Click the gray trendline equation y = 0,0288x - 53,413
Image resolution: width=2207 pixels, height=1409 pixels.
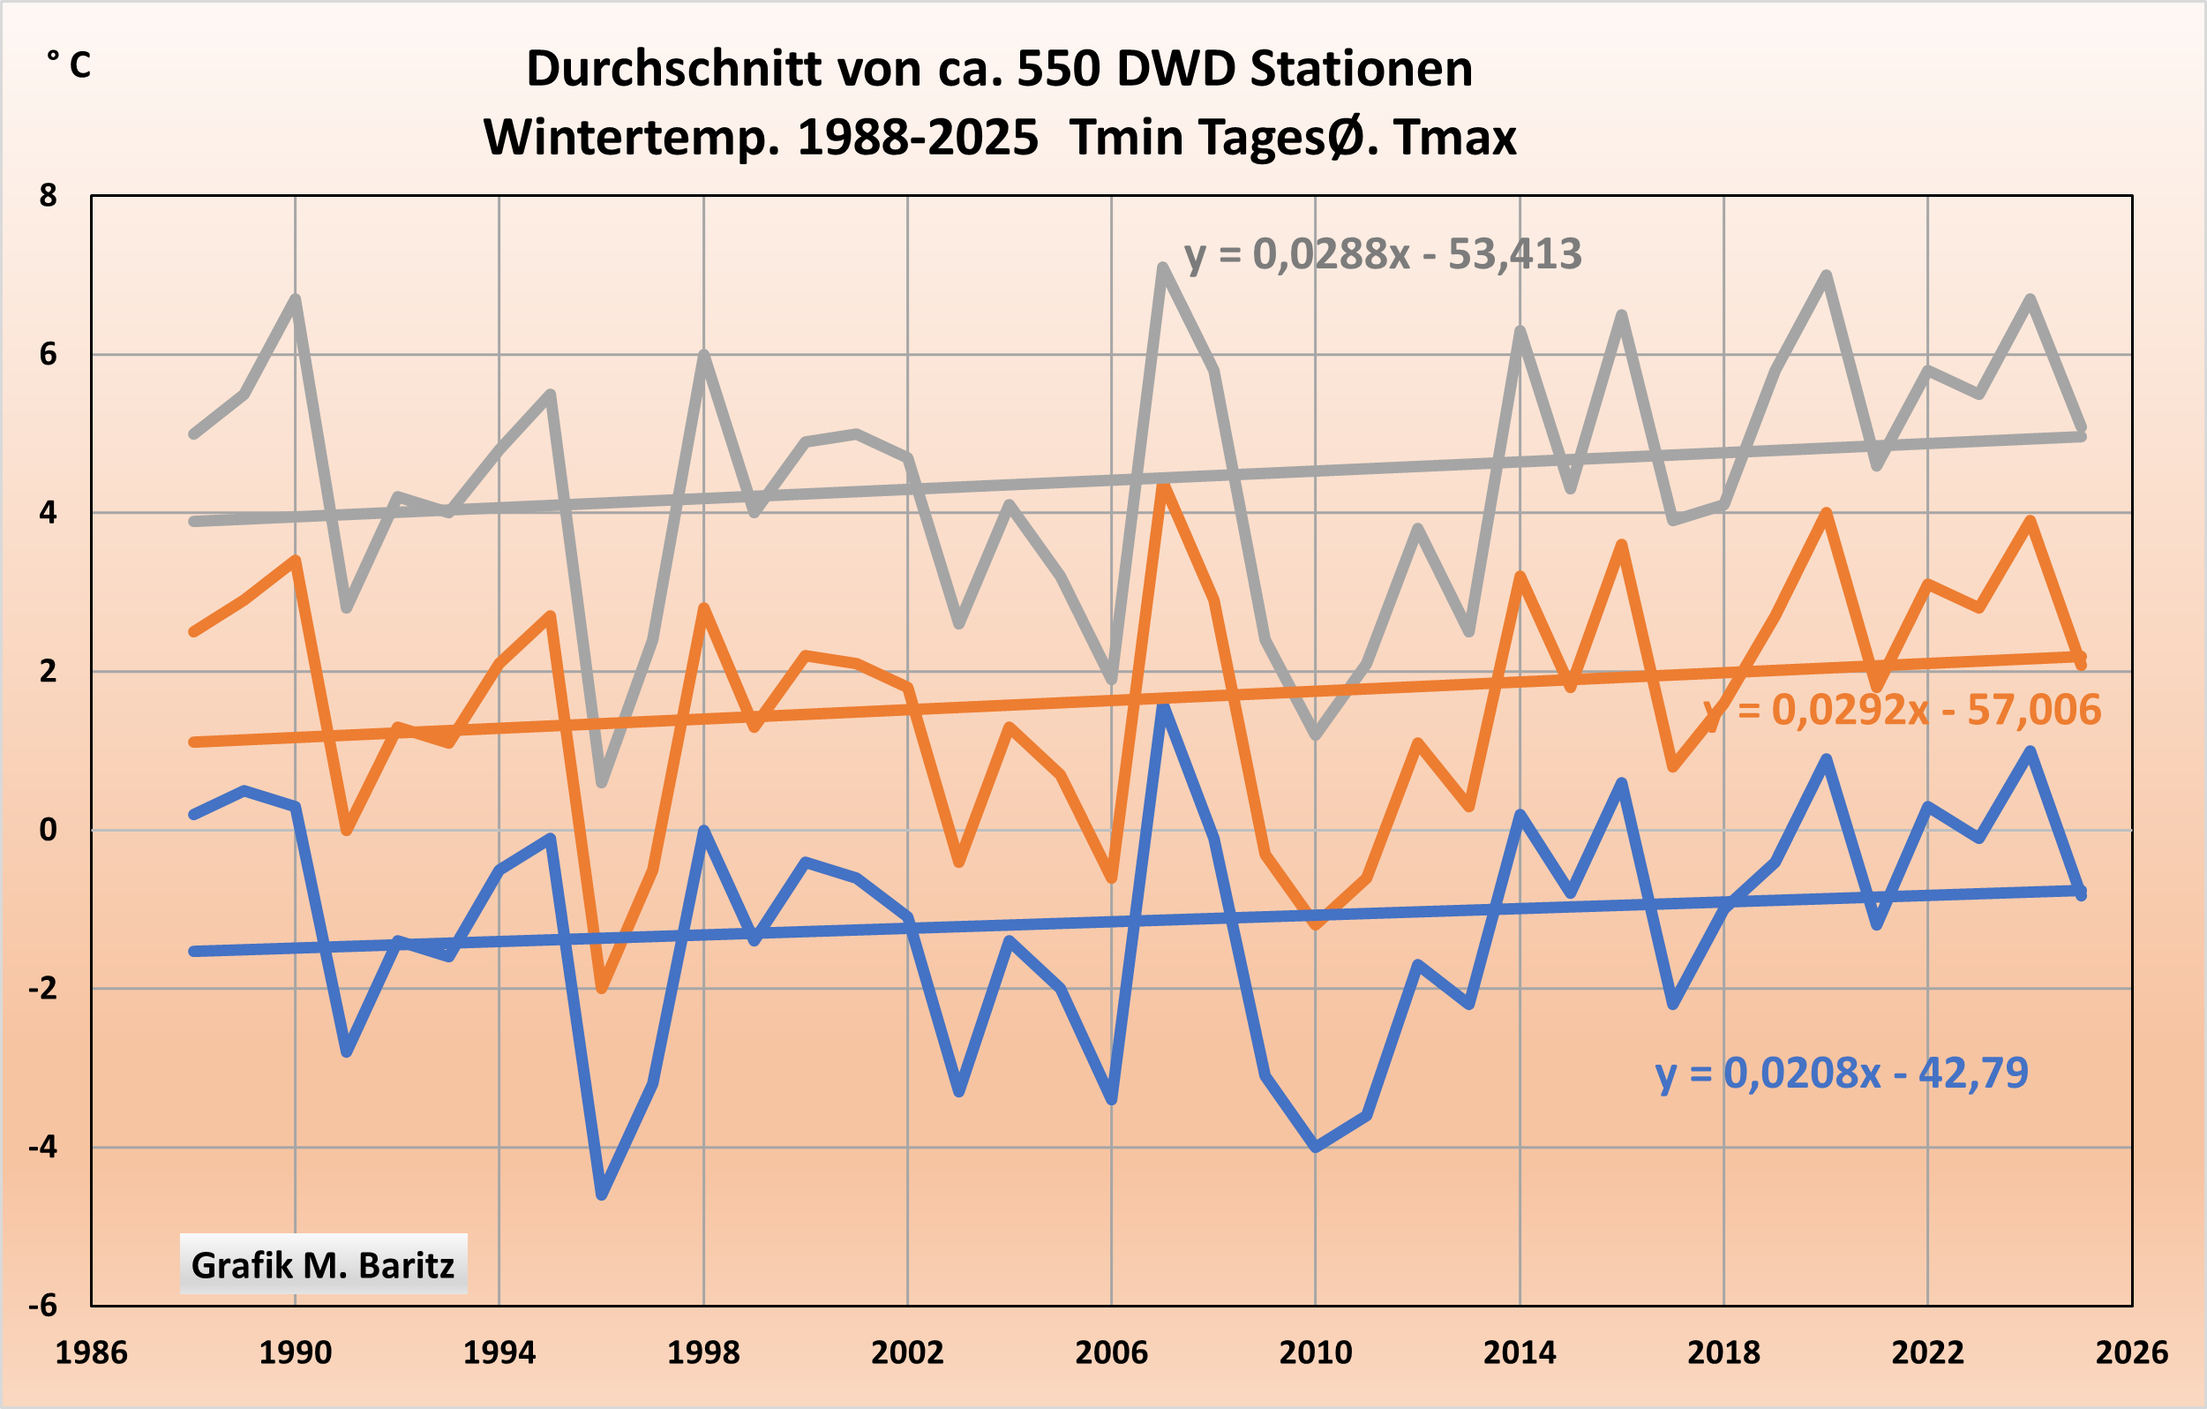pos(1383,255)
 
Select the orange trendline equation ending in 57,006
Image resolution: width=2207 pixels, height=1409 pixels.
pos(1902,711)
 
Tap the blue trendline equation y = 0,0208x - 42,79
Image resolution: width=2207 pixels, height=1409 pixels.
pos(1842,1073)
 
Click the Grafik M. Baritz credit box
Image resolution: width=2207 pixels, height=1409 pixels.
pos(323,1265)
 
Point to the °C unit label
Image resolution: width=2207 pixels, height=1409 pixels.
pos(70,65)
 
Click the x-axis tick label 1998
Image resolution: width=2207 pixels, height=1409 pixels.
pos(703,1352)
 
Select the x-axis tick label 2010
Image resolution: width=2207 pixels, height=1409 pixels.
pos(1315,1352)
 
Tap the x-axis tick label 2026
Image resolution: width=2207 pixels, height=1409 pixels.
pos(2132,1352)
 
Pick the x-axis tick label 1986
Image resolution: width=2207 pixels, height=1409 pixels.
pos(91,1352)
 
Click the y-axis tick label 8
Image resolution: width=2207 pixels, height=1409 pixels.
pos(48,195)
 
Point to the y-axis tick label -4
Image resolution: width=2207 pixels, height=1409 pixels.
pos(42,1147)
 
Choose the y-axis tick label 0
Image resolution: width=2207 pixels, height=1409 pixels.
pos(48,830)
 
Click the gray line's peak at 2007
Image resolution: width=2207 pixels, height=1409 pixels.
pos(1162,267)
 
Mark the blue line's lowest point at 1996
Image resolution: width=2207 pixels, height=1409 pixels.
pos(601,1194)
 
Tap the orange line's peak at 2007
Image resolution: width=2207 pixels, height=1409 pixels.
pos(1163,485)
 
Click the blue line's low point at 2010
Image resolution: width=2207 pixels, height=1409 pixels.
pos(1315,1146)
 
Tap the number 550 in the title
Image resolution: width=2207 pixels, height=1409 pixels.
pos(1058,69)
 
